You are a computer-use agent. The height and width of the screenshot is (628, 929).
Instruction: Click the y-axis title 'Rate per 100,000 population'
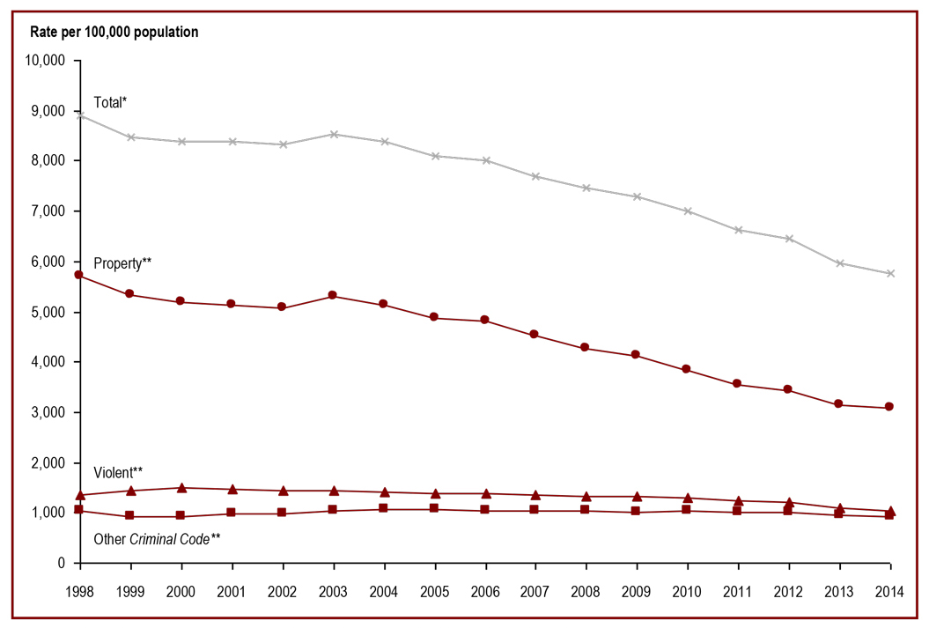pos(114,33)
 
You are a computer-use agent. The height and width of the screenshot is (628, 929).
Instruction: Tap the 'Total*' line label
pos(111,102)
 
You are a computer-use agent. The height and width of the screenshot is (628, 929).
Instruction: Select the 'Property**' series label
pos(123,263)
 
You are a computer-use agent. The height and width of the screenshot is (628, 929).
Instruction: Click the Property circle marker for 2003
pos(333,295)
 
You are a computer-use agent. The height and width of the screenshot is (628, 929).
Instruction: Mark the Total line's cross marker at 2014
pos(889,273)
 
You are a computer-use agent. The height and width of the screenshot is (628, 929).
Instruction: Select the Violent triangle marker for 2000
pos(181,487)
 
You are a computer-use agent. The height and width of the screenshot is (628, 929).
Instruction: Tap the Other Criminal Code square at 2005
pos(434,508)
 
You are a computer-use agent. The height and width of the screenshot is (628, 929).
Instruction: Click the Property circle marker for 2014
pos(889,407)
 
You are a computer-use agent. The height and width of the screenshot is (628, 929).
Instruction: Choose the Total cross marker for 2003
pos(333,135)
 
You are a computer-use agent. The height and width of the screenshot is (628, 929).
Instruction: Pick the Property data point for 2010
pos(687,369)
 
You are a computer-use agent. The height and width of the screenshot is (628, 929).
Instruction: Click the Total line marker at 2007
pos(535,176)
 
